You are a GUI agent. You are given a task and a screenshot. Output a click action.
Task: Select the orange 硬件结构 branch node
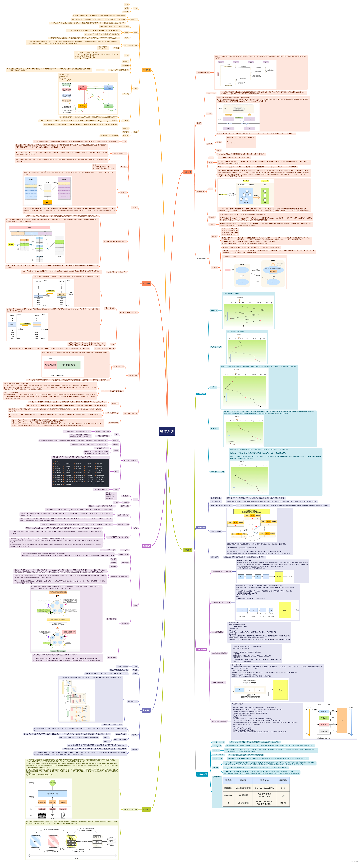click(x=146, y=70)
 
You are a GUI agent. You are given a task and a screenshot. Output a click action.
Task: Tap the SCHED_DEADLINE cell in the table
click(x=264, y=788)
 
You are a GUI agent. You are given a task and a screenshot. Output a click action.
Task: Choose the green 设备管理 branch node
click(x=146, y=809)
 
